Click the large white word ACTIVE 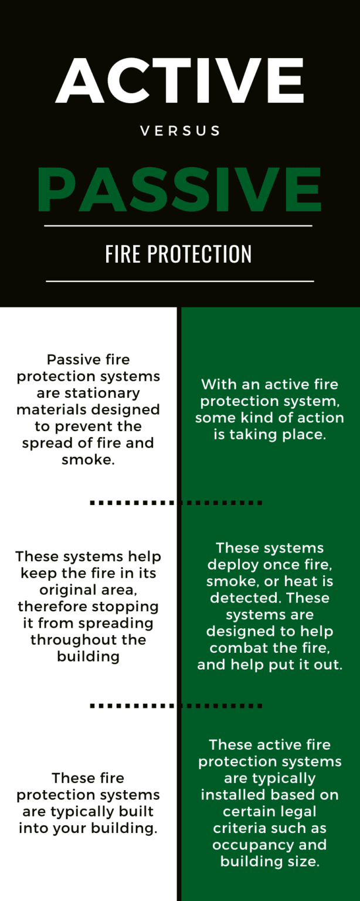[x=180, y=81]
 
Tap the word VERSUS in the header [x=180, y=131]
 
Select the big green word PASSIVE [x=179, y=189]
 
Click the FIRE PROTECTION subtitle [x=179, y=254]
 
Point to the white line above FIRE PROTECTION [x=178, y=225]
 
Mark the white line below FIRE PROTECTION [x=179, y=282]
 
